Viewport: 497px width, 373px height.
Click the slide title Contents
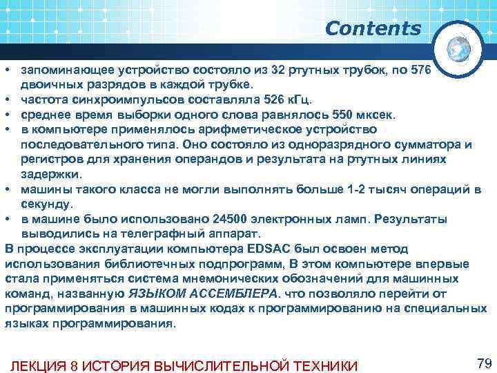click(x=372, y=29)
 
